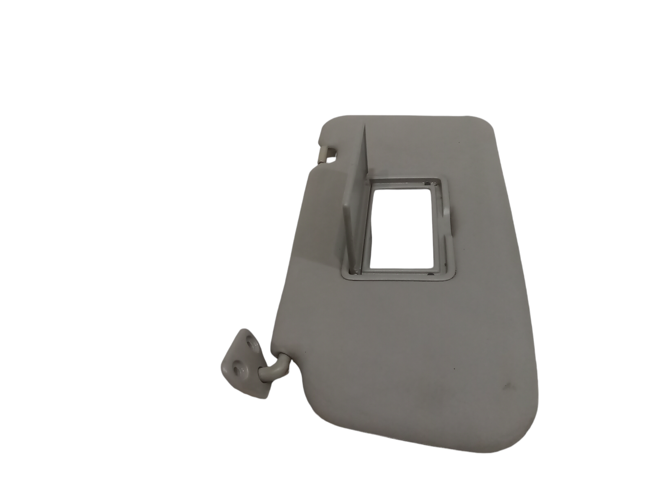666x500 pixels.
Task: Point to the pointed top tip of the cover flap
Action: click(365, 125)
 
